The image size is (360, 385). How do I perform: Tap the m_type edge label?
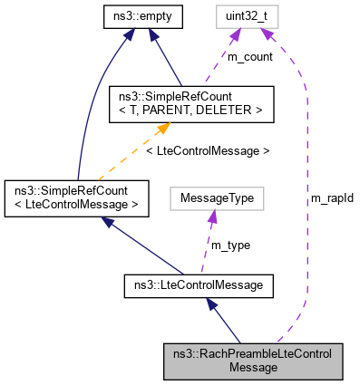(x=229, y=245)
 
